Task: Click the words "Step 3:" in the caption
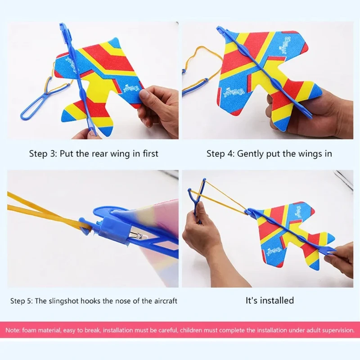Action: (x=43, y=153)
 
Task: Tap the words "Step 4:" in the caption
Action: (x=220, y=153)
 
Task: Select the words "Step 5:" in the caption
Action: (x=22, y=301)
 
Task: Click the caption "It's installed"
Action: (x=270, y=300)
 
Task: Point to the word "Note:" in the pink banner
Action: (x=13, y=330)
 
